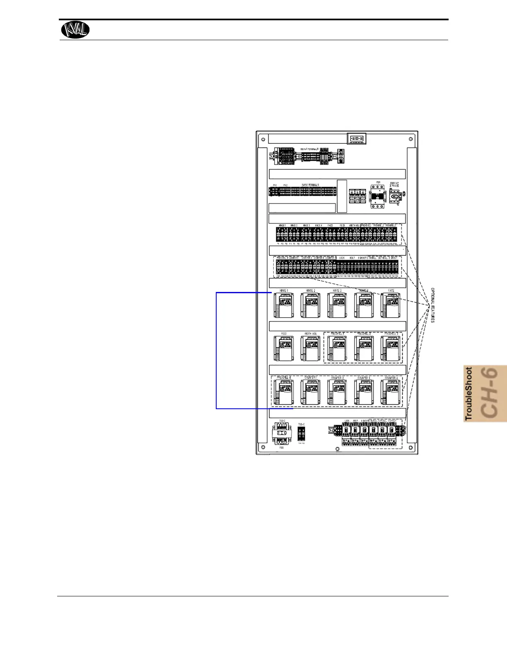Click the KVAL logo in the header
75,29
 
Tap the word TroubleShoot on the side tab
469,394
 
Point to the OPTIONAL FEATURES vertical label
432,306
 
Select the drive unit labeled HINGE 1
284,306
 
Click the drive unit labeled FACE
391,306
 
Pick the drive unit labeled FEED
284,349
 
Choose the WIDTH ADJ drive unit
310,349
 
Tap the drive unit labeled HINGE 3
337,306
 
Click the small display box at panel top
356,139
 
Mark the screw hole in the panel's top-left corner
263,139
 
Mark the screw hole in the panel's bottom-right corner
410,447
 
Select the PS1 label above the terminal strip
275,185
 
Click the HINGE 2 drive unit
310,306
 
